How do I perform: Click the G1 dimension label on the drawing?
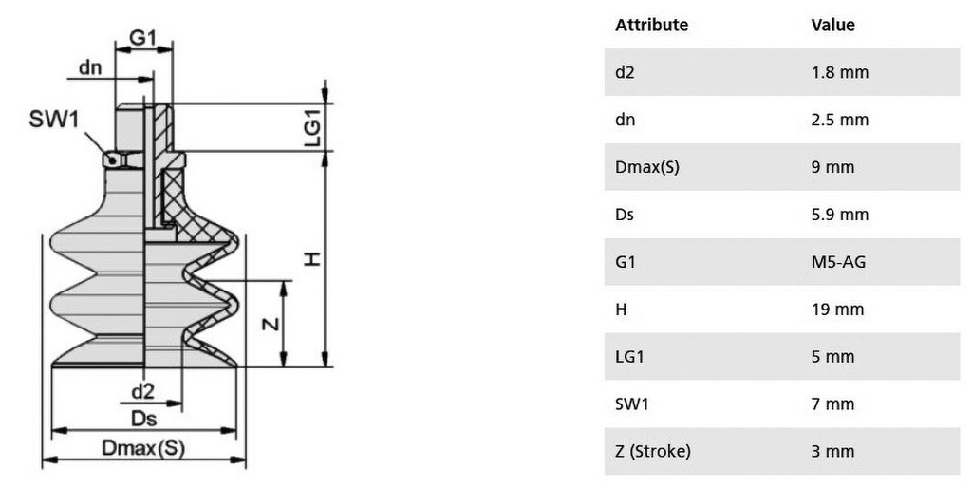click(x=142, y=38)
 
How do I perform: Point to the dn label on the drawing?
click(x=90, y=67)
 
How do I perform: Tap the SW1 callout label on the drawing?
click(x=54, y=119)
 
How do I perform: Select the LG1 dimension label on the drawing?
click(x=313, y=128)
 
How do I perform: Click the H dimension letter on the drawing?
click(x=313, y=258)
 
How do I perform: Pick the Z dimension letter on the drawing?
click(x=271, y=323)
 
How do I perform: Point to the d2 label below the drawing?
click(x=142, y=391)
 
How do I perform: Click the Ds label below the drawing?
click(x=144, y=419)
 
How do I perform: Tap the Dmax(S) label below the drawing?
click(x=143, y=448)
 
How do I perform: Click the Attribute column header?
click(x=651, y=25)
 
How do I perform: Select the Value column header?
click(x=832, y=25)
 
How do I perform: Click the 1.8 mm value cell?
click(x=840, y=72)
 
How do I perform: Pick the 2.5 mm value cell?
click(x=840, y=120)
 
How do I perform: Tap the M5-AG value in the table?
click(x=838, y=262)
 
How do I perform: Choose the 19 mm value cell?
click(x=837, y=310)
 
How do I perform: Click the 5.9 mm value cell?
click(x=840, y=215)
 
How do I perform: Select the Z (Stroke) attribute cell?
click(x=653, y=451)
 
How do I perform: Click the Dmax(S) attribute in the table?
click(x=647, y=167)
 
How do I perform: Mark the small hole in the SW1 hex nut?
click(x=112, y=160)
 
